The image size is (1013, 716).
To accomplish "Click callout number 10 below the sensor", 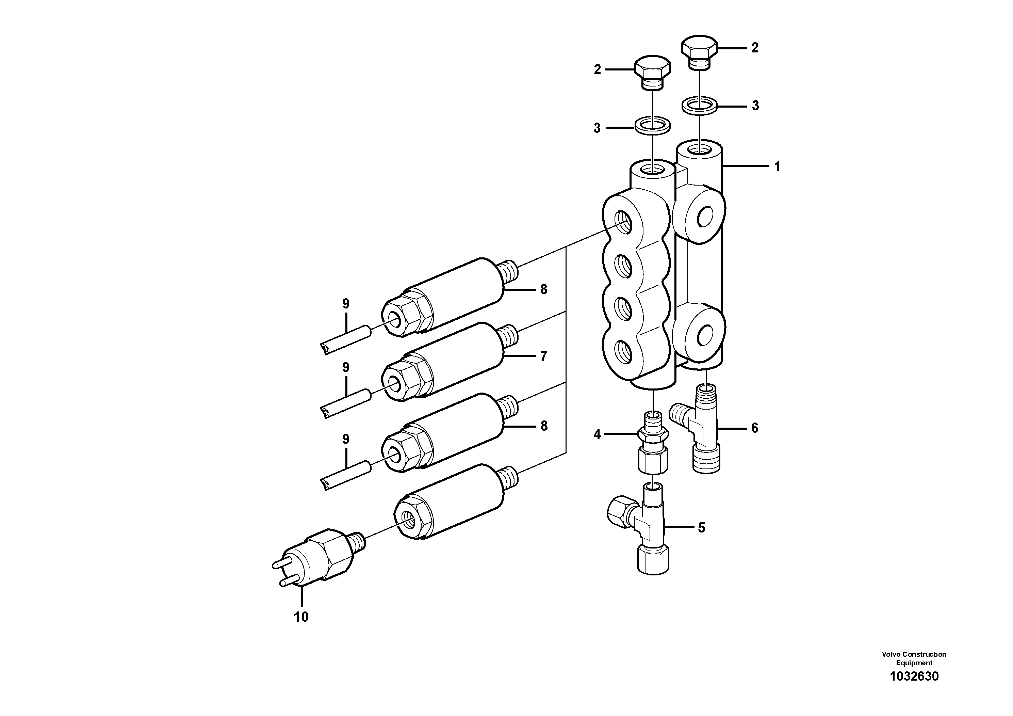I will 301,617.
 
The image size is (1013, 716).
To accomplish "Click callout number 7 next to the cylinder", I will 543,356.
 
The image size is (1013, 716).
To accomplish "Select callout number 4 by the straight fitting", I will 597,435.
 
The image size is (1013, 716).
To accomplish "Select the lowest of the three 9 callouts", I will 345,439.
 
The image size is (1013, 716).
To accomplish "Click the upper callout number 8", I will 543,290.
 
